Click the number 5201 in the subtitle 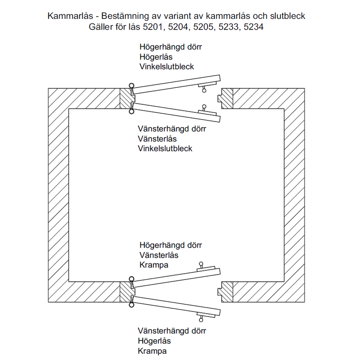pos(153,27)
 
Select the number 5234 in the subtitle pos(253,27)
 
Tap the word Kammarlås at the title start pos(70,16)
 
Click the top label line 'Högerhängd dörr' pos(171,47)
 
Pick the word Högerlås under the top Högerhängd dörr pos(156,57)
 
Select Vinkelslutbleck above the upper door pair pos(166,67)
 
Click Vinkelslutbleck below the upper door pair pos(165,148)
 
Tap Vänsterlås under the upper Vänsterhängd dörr pos(157,139)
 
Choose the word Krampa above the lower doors pos(154,265)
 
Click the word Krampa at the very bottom pos(152,351)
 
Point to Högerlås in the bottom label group pos(154,341)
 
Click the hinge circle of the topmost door pos(131,85)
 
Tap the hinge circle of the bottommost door pos(131,305)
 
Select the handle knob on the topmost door pos(204,90)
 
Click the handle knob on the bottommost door pos(201,320)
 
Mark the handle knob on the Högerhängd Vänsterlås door pos(201,264)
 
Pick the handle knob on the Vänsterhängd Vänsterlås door pos(204,107)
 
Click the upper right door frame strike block pos(225,99)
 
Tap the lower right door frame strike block pos(225,292)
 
